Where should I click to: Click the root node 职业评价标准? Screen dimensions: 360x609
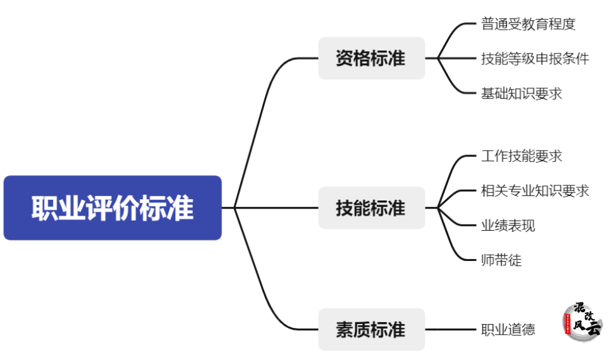112,208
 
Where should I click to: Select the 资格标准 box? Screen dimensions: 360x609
371,59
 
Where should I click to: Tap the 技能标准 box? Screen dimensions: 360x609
371,208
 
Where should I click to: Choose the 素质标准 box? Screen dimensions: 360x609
371,329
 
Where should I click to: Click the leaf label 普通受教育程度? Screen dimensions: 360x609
528,25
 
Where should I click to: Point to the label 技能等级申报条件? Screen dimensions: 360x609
535,59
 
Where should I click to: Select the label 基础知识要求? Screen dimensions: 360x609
521,93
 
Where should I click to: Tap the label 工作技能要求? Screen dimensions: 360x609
521,156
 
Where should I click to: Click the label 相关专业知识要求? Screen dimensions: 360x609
535,190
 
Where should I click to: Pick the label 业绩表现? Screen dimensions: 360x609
507,225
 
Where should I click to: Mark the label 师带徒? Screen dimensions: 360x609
501,260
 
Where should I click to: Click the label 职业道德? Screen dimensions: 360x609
507,329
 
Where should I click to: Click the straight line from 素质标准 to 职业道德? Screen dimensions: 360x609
451,329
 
